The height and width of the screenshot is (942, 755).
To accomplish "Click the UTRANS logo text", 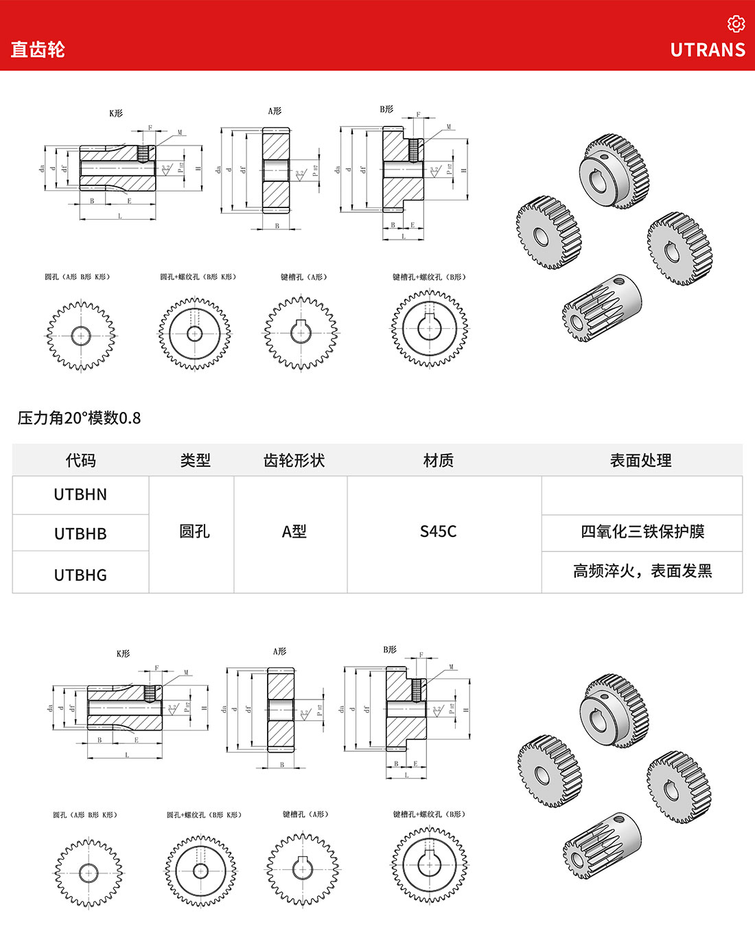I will click(708, 50).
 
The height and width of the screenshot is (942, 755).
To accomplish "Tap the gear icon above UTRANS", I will click(736, 24).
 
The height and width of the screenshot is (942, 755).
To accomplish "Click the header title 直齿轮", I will click(38, 49).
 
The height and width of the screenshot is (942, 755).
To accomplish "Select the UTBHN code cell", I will click(80, 494).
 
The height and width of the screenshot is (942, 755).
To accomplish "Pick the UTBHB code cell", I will click(80, 533).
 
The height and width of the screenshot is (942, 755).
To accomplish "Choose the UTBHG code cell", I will click(80, 575).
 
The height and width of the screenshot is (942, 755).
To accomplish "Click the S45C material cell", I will click(438, 531).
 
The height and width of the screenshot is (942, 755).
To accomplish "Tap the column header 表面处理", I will click(640, 460).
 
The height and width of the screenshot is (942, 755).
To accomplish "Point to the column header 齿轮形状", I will click(294, 460).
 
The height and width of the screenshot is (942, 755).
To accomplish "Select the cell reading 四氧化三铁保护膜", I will click(642, 531).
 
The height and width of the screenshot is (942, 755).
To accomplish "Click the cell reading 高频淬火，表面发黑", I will click(642, 571).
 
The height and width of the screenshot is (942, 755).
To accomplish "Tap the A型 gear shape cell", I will click(294, 531).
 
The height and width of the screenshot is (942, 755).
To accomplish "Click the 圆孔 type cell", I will click(194, 531).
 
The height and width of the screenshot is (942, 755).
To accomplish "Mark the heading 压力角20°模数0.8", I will click(79, 417).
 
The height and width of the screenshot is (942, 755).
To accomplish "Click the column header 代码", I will click(80, 460).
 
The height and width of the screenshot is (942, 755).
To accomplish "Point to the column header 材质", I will click(438, 460).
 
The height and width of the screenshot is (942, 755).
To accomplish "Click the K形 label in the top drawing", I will click(116, 113).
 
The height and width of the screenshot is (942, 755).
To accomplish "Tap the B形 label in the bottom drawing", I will click(390, 650).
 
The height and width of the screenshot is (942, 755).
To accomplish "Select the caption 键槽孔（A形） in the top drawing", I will click(303, 277).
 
